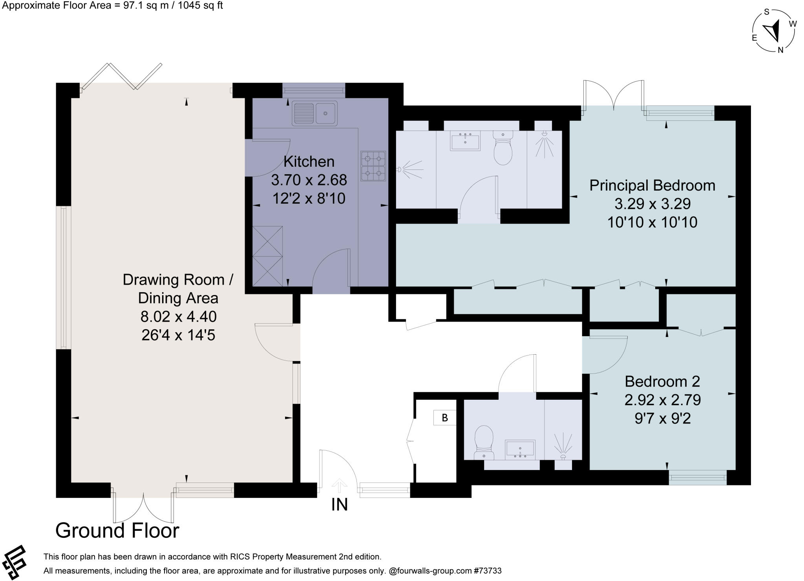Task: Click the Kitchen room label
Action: tap(309, 162)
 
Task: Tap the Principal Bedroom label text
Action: tap(652, 186)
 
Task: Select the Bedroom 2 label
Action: tap(662, 381)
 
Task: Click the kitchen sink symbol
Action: tap(314, 113)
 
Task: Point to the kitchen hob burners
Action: tap(373, 166)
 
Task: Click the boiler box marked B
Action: tap(445, 418)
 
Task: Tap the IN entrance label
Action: tap(340, 505)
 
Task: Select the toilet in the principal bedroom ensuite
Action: tap(503, 148)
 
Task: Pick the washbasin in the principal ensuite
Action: tap(465, 141)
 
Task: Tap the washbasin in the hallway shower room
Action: tap(520, 450)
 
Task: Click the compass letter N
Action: tap(780, 50)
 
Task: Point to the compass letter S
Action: tap(766, 12)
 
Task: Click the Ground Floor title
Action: tap(117, 531)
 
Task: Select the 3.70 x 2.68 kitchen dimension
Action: tap(309, 180)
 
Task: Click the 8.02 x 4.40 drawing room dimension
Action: tap(178, 317)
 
